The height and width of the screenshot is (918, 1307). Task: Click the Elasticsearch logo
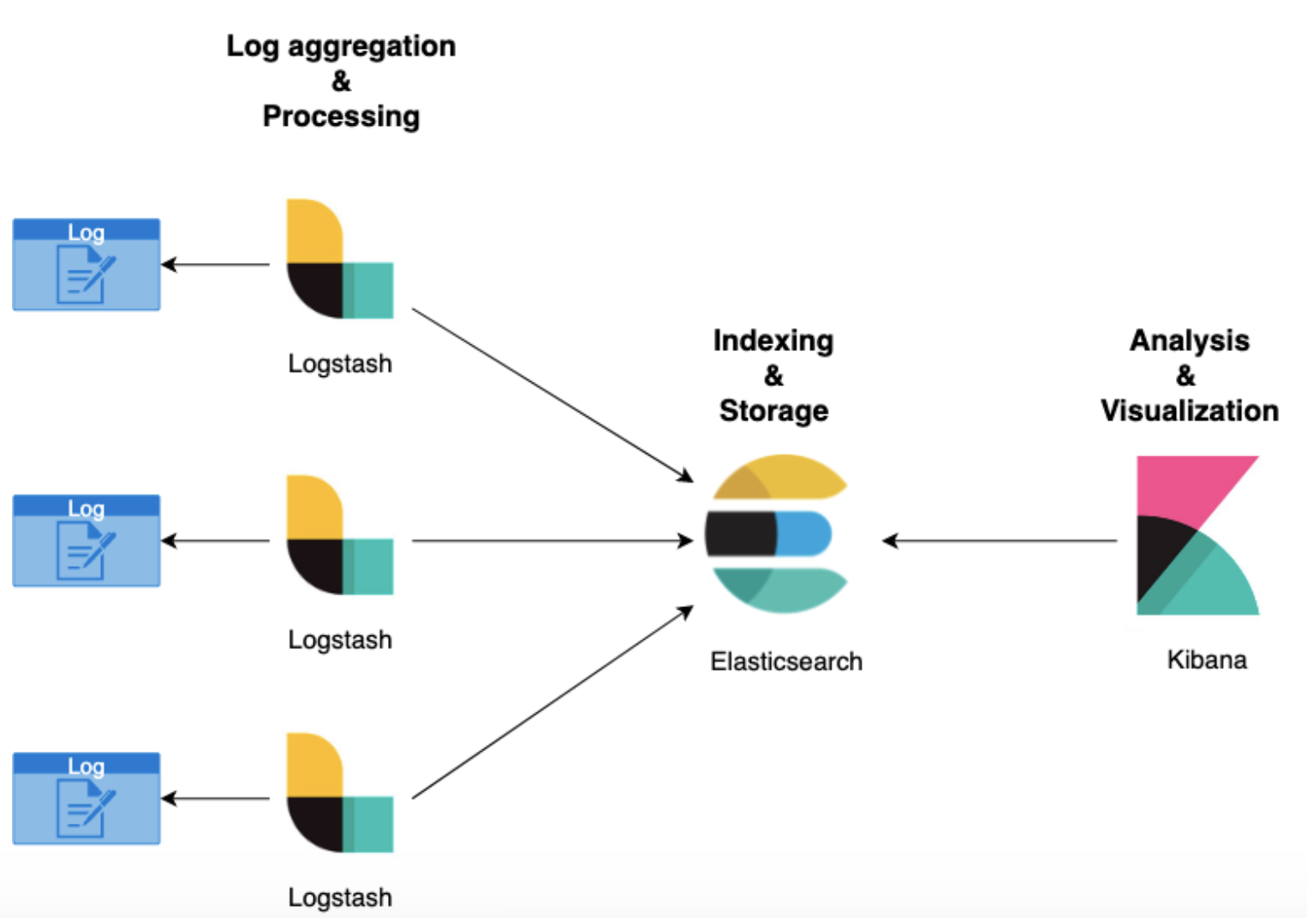[776, 534]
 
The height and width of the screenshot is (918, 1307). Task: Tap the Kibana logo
[1197, 535]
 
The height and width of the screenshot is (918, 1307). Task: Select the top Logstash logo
[339, 259]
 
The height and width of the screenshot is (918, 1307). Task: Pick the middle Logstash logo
[339, 534]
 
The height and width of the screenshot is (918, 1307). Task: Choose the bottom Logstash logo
[339, 792]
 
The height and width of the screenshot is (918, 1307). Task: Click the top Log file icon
[87, 265]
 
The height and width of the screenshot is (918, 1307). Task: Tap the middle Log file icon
[87, 540]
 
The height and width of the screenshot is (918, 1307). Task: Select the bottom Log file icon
[87, 798]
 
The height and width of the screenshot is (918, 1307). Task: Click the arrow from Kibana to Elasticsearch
[1000, 540]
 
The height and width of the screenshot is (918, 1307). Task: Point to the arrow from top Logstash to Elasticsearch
[552, 395]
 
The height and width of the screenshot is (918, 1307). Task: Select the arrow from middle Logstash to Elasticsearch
[552, 540]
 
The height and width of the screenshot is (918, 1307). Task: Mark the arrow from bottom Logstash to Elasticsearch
[552, 702]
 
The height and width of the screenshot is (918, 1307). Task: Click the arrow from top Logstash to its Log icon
[216, 265]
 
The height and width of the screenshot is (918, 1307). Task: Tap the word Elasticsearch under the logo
[786, 661]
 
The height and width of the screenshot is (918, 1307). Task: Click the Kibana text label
[1206, 659]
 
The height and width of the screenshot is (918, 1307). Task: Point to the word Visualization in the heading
[1189, 410]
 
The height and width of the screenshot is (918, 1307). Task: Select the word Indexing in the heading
[773, 340]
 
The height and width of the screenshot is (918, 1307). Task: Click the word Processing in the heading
[341, 116]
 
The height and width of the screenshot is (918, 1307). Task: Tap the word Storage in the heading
[773, 410]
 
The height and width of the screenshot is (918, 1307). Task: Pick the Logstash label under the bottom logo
[340, 897]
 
